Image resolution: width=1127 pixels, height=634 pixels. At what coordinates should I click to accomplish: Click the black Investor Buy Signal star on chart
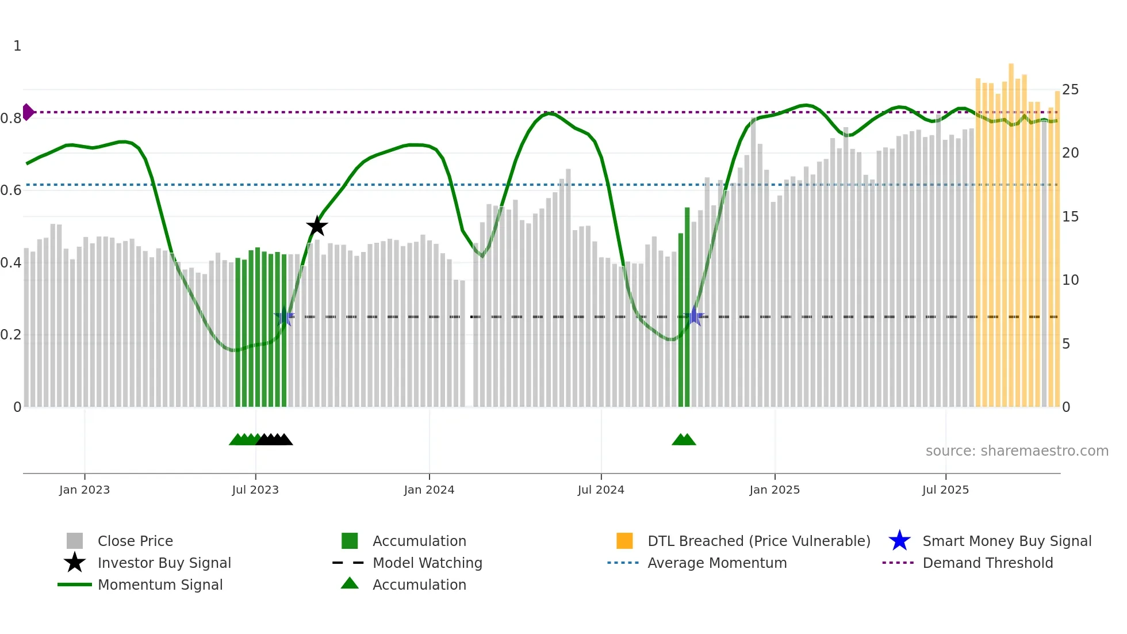tap(317, 227)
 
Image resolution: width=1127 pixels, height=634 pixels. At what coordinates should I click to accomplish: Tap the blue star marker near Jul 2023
tap(284, 316)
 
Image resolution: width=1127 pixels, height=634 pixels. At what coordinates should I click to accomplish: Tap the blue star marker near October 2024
tap(695, 316)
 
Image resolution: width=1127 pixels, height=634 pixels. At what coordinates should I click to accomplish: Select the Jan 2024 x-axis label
tap(429, 490)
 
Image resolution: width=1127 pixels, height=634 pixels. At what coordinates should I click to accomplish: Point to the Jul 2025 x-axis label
tap(945, 490)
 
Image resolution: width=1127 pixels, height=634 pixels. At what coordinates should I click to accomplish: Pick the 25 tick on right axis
tap(1070, 90)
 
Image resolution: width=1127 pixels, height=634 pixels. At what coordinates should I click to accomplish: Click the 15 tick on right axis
tap(1070, 217)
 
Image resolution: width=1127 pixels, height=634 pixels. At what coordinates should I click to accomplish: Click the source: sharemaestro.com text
tap(1017, 451)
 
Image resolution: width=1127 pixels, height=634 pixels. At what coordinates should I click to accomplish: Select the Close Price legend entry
tap(135, 541)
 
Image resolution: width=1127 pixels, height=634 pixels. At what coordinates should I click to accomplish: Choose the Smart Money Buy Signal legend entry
tap(1006, 541)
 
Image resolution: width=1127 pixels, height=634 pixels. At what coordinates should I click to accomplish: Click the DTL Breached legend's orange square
tap(624, 541)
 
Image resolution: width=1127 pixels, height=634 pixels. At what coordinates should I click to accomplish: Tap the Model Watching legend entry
tap(427, 563)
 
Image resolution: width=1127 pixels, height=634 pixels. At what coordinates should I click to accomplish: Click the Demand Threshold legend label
tap(987, 563)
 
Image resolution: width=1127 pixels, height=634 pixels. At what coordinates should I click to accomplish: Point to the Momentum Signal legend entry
tap(160, 585)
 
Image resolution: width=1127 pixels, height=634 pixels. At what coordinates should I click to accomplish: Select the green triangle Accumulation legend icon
tap(350, 583)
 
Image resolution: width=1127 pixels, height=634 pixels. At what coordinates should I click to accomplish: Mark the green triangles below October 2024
tap(684, 440)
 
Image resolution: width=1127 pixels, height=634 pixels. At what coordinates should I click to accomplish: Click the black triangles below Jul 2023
tap(275, 440)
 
